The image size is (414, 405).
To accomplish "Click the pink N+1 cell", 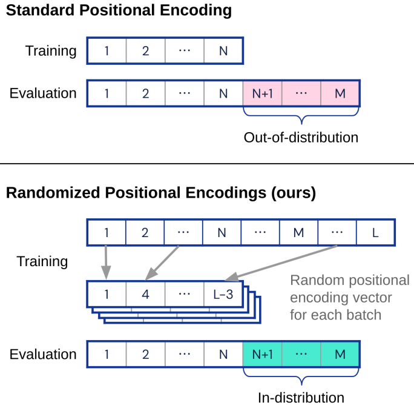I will click(262, 93).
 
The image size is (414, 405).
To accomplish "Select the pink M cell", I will click(340, 93).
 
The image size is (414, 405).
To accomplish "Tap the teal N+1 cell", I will click(262, 355).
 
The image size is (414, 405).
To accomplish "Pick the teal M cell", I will click(340, 355).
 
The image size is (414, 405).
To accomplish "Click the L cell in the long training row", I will click(376, 232).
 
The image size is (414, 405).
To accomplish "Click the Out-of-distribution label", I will click(301, 138).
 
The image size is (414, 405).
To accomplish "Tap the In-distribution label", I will click(301, 398).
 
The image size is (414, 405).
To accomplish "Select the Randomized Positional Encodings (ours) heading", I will click(160, 193).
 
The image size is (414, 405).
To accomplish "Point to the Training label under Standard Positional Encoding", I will click(51, 51).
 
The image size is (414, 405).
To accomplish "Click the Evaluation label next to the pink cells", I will click(43, 93).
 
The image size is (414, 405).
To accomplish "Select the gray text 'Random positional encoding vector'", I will click(350, 289).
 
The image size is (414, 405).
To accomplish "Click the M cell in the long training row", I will click(298, 232).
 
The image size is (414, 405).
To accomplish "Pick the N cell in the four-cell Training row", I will click(223, 51).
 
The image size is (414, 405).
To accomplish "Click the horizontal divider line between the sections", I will click(207, 164).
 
